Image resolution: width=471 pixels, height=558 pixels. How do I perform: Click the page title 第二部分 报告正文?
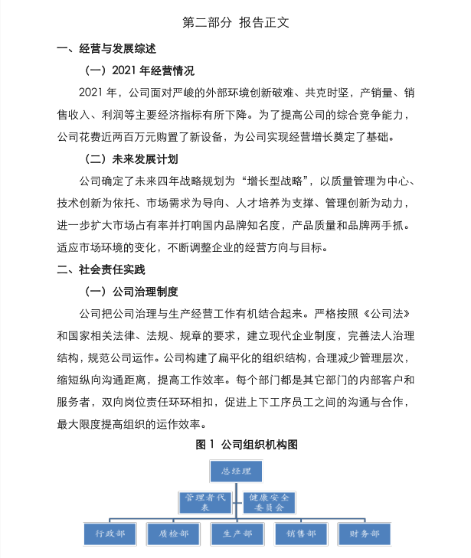(235, 22)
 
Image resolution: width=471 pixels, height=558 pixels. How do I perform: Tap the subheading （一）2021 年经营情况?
(139, 71)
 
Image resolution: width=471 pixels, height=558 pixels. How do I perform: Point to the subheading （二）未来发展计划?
(130, 159)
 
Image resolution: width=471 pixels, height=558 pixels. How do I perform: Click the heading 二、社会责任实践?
(101, 269)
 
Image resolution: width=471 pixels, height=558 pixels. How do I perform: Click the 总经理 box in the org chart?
(235, 469)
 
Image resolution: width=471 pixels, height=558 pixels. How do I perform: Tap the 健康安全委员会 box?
(269, 502)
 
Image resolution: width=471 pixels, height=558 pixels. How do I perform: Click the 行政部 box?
(110, 534)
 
